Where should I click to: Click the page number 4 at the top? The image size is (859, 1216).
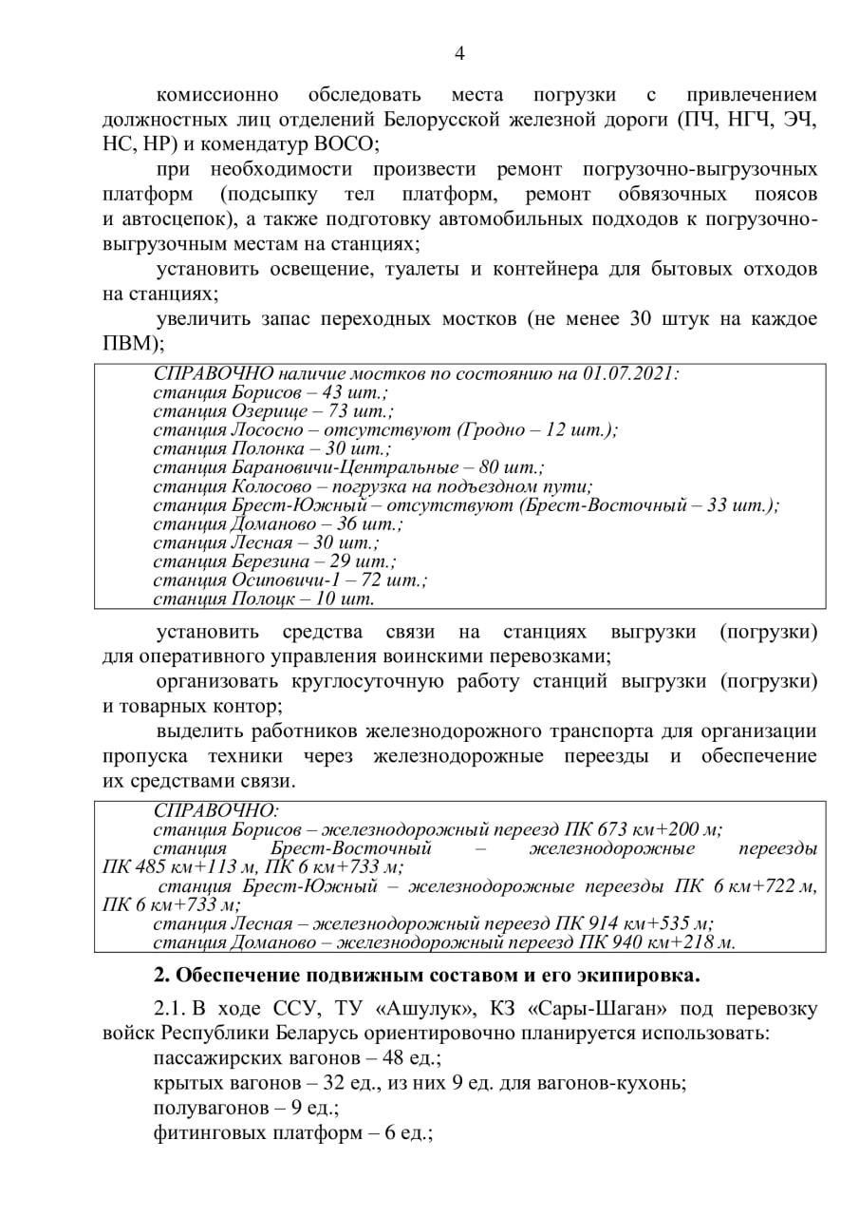pyautogui.click(x=459, y=53)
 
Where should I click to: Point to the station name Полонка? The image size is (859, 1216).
pyautogui.click(x=271, y=448)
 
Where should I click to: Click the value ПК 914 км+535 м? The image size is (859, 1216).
pyautogui.click(x=634, y=922)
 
